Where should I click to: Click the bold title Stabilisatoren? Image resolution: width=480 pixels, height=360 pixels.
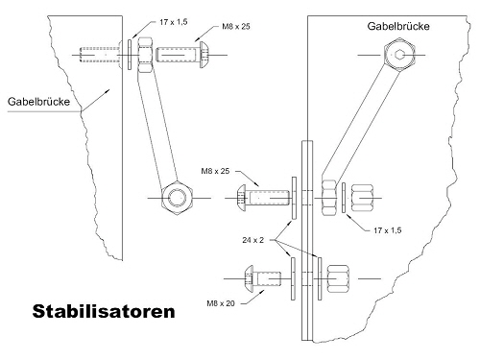(104, 311)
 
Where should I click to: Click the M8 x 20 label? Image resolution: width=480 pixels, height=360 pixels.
(221, 303)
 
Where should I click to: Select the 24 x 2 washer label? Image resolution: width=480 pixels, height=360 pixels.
(253, 240)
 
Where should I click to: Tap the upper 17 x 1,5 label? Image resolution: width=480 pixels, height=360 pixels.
(174, 22)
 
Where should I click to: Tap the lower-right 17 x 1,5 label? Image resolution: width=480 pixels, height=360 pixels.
(388, 230)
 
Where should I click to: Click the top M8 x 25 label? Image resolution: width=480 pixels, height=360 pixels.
(236, 27)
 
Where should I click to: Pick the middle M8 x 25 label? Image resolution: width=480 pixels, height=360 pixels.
(215, 171)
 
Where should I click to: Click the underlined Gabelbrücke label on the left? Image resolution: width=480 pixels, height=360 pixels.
(38, 102)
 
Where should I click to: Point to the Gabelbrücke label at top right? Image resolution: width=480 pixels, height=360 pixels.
(398, 26)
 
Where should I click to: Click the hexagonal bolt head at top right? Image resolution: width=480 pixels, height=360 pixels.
(399, 55)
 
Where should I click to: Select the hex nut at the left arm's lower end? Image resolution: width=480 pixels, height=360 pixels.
(177, 198)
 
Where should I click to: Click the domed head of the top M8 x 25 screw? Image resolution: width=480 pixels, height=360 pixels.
(204, 55)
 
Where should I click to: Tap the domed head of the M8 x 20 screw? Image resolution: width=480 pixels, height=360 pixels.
(249, 278)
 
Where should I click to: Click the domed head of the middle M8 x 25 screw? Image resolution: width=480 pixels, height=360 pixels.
(241, 198)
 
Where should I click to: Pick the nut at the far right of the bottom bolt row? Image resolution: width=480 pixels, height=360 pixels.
(338, 278)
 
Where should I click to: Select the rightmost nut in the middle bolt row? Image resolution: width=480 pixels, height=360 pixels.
(362, 198)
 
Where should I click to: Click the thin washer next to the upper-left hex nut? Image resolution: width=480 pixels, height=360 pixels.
(130, 55)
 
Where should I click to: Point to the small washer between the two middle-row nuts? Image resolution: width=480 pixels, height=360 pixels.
(344, 198)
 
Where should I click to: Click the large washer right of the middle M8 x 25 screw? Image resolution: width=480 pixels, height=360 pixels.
(294, 198)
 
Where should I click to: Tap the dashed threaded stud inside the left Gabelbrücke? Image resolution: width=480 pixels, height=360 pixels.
(100, 55)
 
